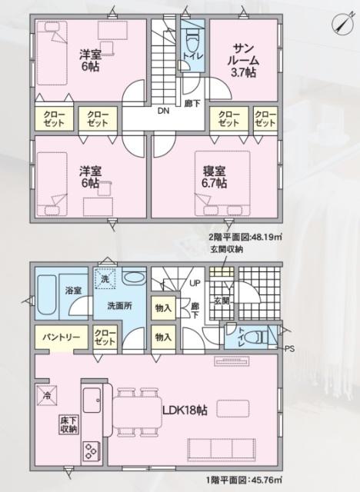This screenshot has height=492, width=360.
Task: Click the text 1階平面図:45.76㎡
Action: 242,480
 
